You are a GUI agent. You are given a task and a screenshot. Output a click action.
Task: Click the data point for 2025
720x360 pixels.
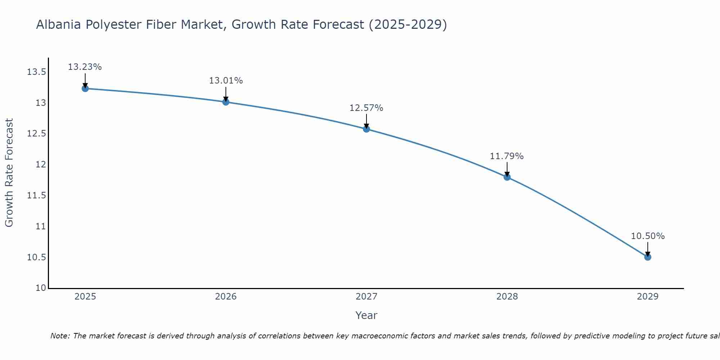click(85, 89)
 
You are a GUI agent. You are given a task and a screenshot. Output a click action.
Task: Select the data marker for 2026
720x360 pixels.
click(226, 102)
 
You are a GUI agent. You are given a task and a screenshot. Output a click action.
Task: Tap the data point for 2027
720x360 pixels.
click(366, 129)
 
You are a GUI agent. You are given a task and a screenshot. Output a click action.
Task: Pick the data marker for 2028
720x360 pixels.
click(507, 177)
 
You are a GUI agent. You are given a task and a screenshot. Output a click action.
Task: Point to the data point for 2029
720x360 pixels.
click(648, 257)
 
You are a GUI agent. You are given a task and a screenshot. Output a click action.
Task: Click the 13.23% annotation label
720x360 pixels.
click(85, 67)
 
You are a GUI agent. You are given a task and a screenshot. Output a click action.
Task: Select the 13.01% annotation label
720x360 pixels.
click(226, 81)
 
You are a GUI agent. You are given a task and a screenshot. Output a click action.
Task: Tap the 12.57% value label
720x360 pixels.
click(366, 108)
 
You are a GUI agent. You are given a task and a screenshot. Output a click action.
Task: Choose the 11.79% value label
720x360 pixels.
click(507, 156)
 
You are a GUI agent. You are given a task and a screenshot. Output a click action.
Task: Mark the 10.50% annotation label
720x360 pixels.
click(648, 236)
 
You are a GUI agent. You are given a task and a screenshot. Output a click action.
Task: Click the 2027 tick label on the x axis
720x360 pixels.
click(366, 297)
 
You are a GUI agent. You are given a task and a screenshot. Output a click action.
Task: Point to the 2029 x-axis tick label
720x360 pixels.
click(648, 297)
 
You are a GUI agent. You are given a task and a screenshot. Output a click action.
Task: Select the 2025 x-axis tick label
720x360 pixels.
click(85, 297)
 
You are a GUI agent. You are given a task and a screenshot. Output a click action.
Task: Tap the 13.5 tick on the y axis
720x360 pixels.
click(36, 72)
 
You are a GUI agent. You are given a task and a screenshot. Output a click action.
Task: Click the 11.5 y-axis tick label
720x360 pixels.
click(36, 195)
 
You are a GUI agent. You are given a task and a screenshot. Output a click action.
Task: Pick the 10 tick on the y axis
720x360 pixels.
click(41, 288)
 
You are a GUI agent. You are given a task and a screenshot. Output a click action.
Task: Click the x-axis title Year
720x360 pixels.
click(366, 315)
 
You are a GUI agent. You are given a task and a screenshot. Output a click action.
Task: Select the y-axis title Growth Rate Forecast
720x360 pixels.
click(9, 173)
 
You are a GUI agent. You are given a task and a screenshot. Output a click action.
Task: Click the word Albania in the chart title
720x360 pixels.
click(59, 24)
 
